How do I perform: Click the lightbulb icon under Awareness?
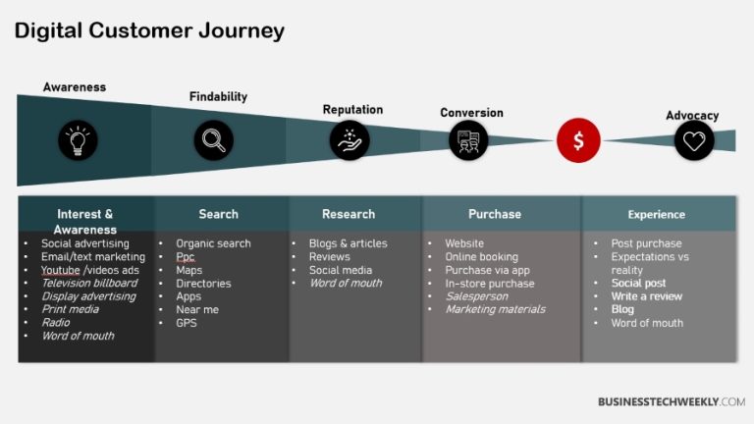(78, 140)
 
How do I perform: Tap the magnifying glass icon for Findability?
(213, 140)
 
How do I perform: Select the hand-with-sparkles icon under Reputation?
(349, 140)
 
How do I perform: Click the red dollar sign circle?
(578, 140)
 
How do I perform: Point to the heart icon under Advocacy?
(694, 140)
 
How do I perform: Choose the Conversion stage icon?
(468, 140)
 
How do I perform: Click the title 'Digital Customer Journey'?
(149, 30)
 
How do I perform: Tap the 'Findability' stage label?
(218, 96)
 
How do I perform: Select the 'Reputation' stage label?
(352, 110)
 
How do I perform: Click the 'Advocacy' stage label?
(692, 115)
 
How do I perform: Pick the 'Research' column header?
(349, 214)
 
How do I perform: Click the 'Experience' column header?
(658, 214)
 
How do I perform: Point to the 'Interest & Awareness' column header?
(85, 222)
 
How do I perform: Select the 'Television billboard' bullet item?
(88, 283)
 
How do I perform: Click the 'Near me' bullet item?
(196, 309)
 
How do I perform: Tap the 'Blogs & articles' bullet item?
(348, 243)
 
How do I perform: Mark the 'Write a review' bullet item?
(646, 296)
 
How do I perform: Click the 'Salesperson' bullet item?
(477, 296)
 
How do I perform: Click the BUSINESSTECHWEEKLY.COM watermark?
(671, 401)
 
